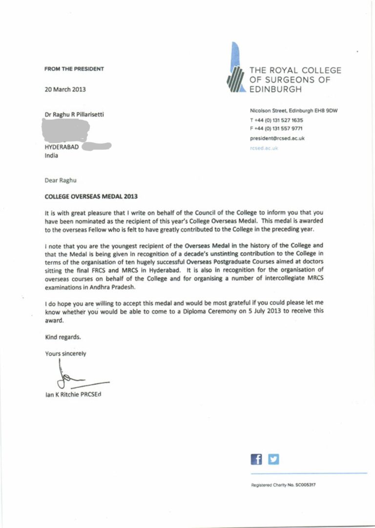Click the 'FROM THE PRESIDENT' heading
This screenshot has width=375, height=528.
coord(74,69)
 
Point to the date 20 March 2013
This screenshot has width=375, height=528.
coord(65,89)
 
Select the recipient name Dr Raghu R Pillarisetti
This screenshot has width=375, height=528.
coord(74,115)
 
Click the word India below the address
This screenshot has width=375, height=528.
coord(51,156)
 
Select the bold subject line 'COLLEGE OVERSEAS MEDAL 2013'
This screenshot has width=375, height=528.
coord(91,197)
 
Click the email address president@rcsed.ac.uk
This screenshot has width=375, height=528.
coord(277,138)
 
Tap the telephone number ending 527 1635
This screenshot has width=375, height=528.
coord(276,120)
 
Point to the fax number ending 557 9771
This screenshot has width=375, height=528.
coord(276,128)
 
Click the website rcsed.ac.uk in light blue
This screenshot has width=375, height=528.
coord(264,148)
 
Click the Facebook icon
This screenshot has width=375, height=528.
coord(256,459)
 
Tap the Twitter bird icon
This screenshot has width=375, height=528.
coord(274,459)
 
